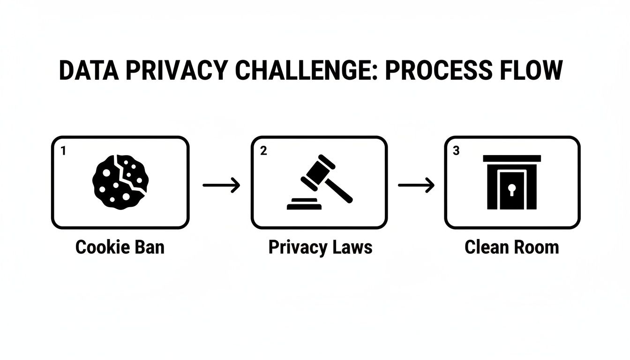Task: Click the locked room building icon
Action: pos(512,182)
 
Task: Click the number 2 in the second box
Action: pos(263,151)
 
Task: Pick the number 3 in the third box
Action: pos(457,151)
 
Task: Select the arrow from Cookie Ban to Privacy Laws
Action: pos(221,186)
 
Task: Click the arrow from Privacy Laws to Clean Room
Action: pos(416,186)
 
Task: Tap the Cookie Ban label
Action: pos(120,247)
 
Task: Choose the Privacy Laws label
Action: pos(320,247)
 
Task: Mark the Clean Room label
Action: pos(512,247)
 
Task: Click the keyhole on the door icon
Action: pos(512,190)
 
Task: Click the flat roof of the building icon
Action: pos(512,158)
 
